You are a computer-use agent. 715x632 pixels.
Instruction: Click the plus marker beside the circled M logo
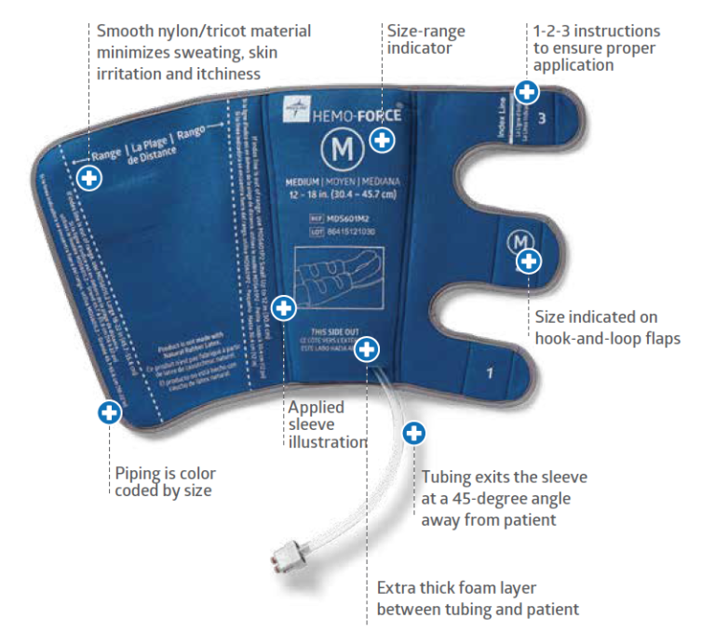tap(382, 141)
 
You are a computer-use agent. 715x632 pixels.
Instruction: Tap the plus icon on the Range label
tap(89, 178)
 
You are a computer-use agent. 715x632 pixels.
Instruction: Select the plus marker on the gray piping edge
tap(110, 411)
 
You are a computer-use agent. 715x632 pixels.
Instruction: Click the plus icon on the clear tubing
tap(413, 433)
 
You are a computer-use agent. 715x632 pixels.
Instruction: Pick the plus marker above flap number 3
tap(527, 91)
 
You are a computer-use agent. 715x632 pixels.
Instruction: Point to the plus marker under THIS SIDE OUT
tap(368, 349)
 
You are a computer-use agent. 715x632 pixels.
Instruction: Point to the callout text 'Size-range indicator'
tap(425, 39)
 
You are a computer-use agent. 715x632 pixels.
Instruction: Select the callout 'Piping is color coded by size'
tap(163, 481)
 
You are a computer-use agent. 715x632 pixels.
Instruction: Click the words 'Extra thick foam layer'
tap(456, 589)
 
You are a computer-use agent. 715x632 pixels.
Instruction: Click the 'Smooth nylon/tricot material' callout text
tap(204, 31)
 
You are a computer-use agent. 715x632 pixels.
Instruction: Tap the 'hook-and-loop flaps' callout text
tap(607, 338)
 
